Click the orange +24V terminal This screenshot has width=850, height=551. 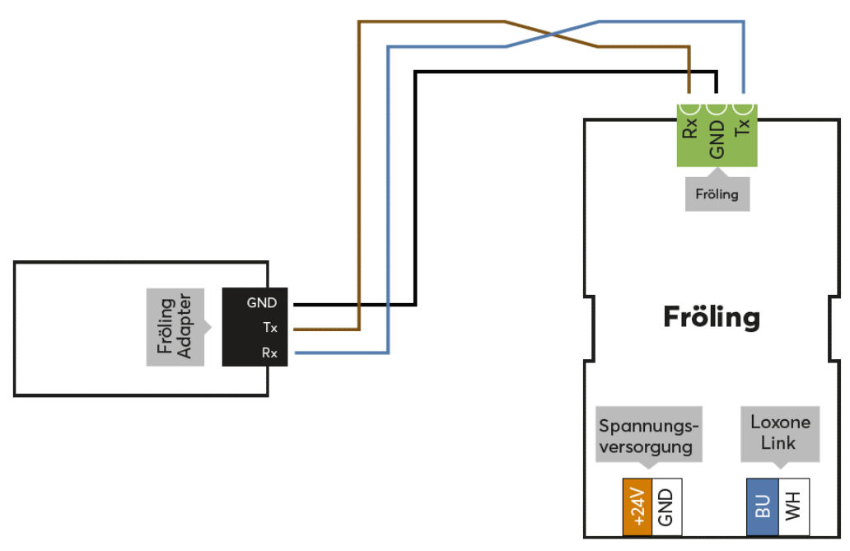click(x=637, y=506)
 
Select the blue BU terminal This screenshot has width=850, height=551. click(x=762, y=507)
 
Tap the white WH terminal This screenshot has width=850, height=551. click(x=793, y=507)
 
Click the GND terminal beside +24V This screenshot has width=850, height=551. click(x=666, y=506)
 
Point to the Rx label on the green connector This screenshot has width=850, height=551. click(x=690, y=128)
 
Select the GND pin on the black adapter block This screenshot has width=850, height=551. click(x=261, y=302)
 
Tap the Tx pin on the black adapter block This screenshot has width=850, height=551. click(x=269, y=328)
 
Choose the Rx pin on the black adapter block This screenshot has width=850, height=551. click(x=269, y=353)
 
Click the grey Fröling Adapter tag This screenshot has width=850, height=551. click(x=175, y=327)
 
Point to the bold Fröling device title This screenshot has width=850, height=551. click(x=712, y=317)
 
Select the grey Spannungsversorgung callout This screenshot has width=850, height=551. click(x=649, y=436)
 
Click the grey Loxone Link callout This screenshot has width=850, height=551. click(x=779, y=432)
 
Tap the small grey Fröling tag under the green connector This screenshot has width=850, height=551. click(x=717, y=195)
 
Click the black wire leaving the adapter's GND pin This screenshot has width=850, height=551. click(x=354, y=304)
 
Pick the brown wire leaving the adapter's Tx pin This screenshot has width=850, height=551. click(x=325, y=329)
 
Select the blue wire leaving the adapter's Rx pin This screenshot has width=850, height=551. click(x=338, y=353)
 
